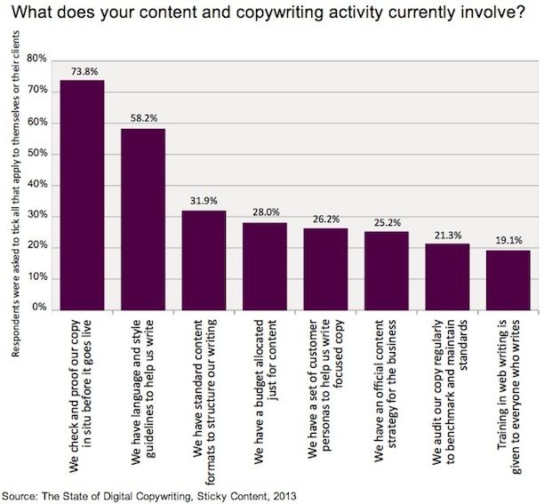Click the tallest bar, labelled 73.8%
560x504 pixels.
coord(82,195)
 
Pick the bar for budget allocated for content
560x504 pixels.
coord(264,266)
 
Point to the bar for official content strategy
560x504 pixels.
coord(386,270)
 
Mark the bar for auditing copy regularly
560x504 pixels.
coord(447,276)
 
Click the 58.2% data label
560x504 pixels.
coord(142,117)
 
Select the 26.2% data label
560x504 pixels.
coord(325,218)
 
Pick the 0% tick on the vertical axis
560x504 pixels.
coord(39,309)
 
